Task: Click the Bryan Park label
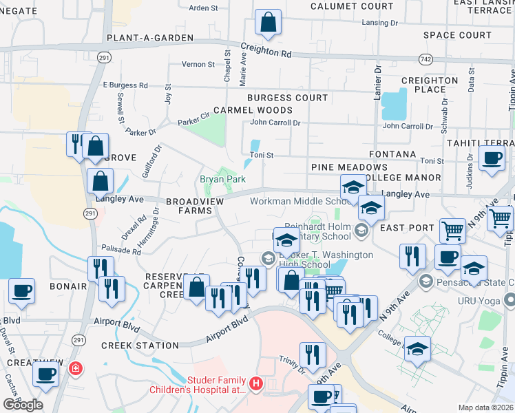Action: (x=222, y=179)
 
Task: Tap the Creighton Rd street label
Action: (x=266, y=52)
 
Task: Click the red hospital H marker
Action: (x=256, y=383)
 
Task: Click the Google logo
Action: (x=23, y=405)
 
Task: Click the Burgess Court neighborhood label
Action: (x=288, y=98)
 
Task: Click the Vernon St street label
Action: (x=198, y=64)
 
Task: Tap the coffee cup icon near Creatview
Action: (x=46, y=374)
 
